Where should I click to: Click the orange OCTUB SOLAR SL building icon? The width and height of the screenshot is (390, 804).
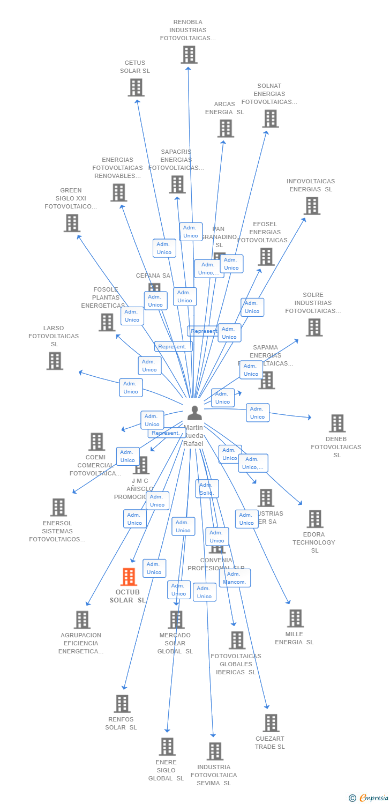(129, 577)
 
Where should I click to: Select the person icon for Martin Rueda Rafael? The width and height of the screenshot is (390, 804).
(194, 413)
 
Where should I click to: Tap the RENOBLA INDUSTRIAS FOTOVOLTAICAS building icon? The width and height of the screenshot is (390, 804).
(189, 55)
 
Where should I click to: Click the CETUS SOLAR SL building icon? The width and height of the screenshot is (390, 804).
(136, 87)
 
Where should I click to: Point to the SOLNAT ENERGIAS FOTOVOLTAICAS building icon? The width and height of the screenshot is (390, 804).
(271, 118)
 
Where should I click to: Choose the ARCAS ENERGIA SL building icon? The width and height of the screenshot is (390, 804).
(226, 129)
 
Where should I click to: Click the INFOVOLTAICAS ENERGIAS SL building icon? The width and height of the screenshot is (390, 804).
(312, 206)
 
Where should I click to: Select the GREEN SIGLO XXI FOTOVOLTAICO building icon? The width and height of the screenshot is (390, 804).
(72, 223)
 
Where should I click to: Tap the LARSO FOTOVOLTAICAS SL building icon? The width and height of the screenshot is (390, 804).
(55, 361)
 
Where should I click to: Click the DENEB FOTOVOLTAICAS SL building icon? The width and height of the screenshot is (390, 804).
(337, 423)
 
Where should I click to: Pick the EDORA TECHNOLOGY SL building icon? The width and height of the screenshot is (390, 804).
(315, 519)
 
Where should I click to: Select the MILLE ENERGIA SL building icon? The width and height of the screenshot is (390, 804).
(295, 619)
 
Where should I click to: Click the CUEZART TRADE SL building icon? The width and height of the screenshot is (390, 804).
(271, 723)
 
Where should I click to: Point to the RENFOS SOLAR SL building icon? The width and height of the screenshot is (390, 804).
(122, 704)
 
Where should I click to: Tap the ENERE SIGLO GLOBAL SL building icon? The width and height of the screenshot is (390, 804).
(167, 747)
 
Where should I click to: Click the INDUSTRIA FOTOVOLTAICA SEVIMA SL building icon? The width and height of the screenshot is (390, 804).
(215, 751)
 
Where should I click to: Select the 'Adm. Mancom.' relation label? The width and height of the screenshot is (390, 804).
(235, 578)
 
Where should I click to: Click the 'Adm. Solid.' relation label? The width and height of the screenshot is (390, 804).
(207, 489)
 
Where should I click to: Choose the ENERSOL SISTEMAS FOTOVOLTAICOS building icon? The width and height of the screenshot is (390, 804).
(58, 507)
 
